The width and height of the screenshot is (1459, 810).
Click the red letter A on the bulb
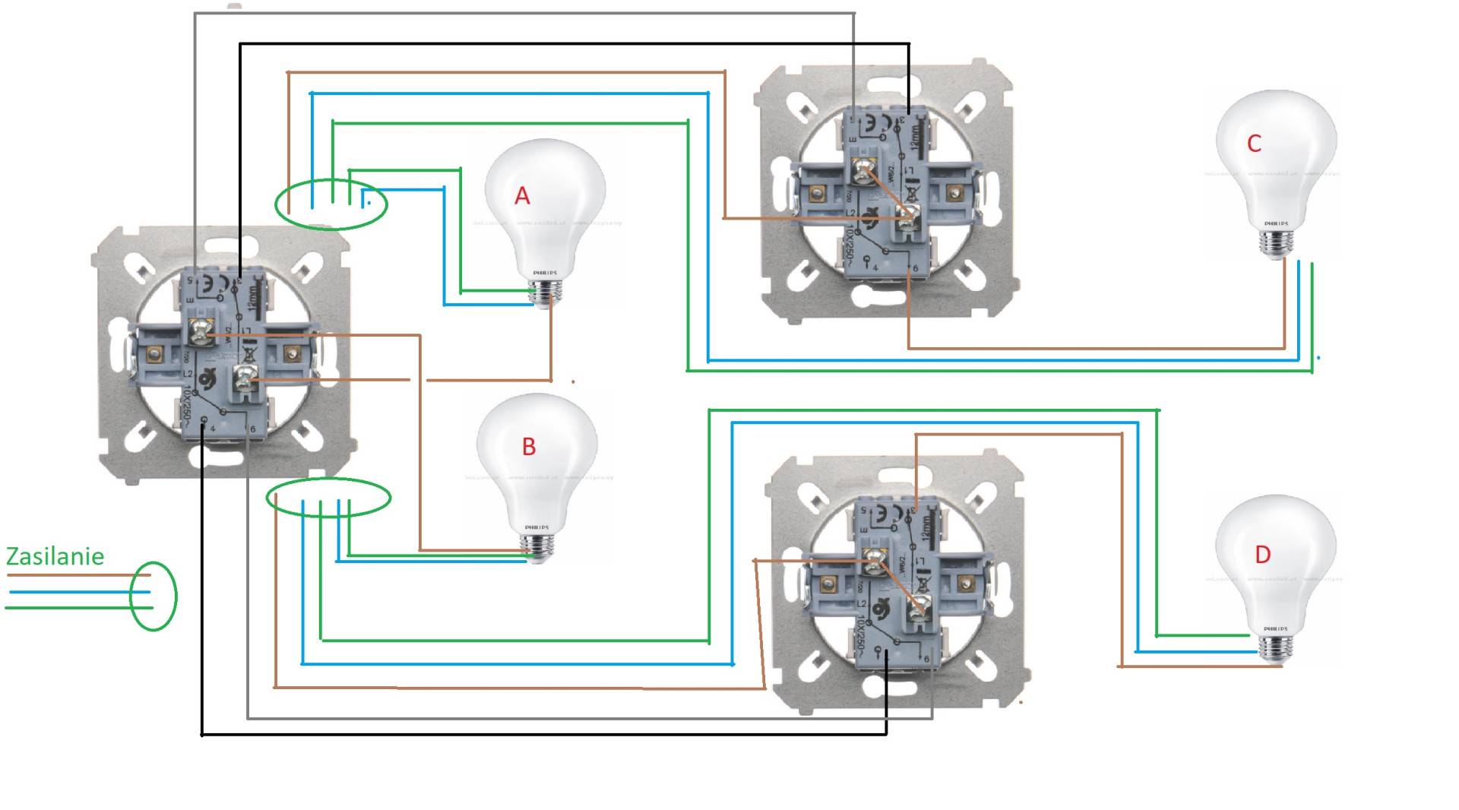point(522,196)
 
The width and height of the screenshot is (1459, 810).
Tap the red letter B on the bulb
point(529,447)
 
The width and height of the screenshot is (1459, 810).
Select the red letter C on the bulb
point(1255,143)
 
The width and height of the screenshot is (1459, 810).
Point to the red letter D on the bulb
point(1262,555)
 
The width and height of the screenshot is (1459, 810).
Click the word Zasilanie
point(55,556)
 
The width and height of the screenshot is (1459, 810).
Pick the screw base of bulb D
point(1274,648)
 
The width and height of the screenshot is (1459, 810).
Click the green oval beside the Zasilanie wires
point(153,596)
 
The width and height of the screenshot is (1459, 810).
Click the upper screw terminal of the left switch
point(201,332)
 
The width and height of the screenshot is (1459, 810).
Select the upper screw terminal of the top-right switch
point(863,172)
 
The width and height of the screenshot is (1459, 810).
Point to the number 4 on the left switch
point(213,429)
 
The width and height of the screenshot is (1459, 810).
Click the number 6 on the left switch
point(253,429)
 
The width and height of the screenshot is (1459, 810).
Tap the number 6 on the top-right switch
point(916,269)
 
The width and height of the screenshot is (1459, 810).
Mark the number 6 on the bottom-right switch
point(926,659)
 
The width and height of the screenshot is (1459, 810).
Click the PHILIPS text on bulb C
point(1276,224)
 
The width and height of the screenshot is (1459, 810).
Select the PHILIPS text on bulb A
point(545,273)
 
